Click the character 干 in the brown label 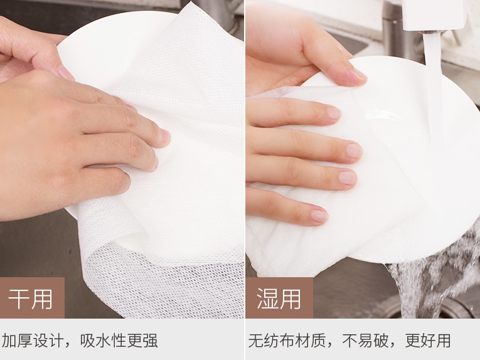19,299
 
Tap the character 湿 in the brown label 267,299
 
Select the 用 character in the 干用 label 42,299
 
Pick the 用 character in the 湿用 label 291,299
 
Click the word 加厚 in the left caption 17,341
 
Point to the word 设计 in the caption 48,341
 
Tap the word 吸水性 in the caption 103,341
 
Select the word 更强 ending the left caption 142,341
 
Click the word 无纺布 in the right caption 271,341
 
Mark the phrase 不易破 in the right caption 365,341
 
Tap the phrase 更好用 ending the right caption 428,341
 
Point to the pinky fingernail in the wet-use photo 319,216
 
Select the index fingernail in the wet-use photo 333,113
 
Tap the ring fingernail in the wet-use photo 348,177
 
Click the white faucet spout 434,14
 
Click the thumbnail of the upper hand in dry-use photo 65,73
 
